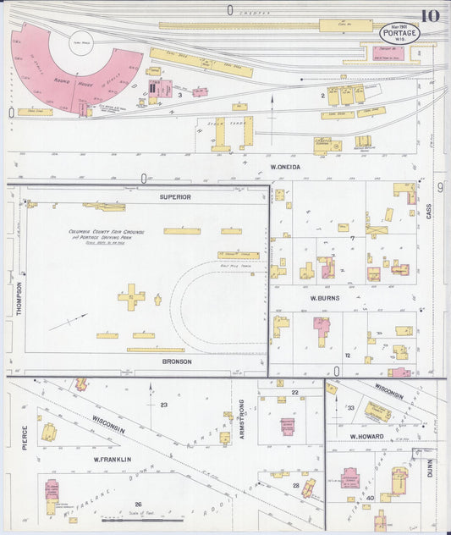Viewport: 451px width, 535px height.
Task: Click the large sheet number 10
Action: [429, 15]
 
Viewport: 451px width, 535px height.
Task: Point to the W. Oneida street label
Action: [285, 167]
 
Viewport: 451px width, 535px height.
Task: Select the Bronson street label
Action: [177, 361]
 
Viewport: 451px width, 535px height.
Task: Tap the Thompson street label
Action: [19, 299]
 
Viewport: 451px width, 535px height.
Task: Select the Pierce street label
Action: [25, 438]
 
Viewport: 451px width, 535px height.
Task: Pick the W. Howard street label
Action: [367, 436]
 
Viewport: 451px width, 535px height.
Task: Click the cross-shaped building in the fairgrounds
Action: [132, 296]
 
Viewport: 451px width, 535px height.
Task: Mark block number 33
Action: [349, 408]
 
